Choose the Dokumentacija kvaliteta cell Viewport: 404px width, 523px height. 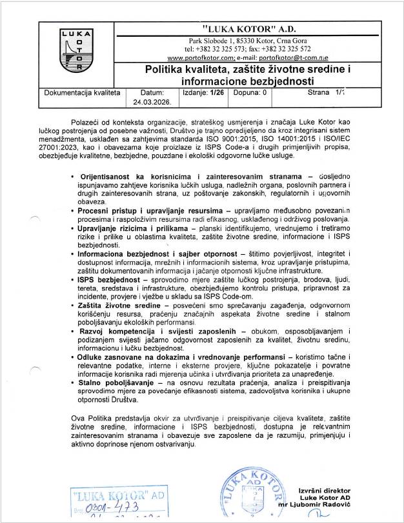[x=82, y=93]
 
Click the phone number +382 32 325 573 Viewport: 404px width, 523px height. [x=218, y=48]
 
